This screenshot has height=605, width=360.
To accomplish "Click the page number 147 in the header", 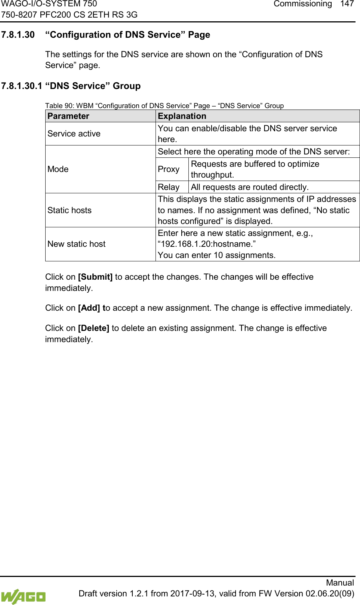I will point(347,4).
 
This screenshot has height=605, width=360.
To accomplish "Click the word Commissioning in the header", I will point(302,4).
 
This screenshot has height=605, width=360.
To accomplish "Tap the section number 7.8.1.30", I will point(18,35).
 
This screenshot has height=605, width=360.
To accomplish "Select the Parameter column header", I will point(68,116).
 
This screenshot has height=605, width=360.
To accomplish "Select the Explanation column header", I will point(182,116).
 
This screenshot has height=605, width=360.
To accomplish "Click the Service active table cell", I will point(74,134).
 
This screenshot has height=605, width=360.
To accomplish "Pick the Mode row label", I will point(58,169).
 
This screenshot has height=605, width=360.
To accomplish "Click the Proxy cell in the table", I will point(169,169).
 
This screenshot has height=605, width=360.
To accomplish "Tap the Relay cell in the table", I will point(169,187).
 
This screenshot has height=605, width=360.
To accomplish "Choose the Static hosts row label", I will point(70,211).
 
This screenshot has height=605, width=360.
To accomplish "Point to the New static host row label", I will point(77,244).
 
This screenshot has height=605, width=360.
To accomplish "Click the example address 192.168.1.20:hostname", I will point(207,244).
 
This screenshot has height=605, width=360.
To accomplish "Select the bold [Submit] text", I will point(95,277).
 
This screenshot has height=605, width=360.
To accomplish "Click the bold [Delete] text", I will point(93,328).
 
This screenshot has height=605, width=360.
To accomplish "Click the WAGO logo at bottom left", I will point(23,596).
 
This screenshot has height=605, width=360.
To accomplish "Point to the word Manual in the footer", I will point(340,583).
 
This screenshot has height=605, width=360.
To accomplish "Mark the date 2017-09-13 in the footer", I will point(193,594).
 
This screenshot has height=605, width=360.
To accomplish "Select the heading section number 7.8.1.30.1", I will point(21,86).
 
